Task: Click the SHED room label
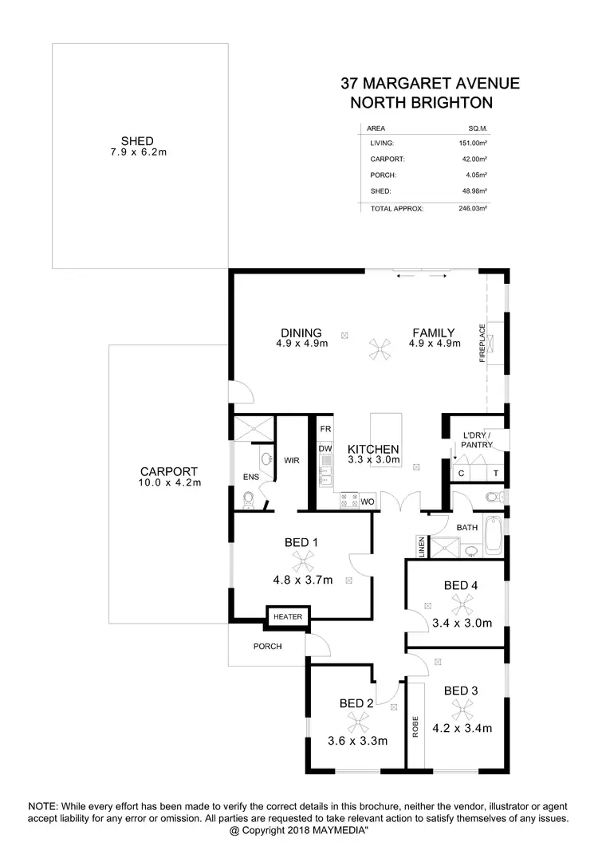pyautogui.click(x=137, y=141)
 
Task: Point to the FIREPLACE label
pyautogui.click(x=482, y=344)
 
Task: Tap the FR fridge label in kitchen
pyautogui.click(x=325, y=429)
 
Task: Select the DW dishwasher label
pyautogui.click(x=325, y=448)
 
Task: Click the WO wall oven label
pyautogui.click(x=368, y=502)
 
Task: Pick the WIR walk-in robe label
pyautogui.click(x=291, y=460)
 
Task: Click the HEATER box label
pyautogui.click(x=287, y=616)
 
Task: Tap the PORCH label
pyautogui.click(x=268, y=646)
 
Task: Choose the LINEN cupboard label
pyautogui.click(x=420, y=546)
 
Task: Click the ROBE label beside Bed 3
pyautogui.click(x=415, y=727)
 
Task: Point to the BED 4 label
pyautogui.click(x=461, y=586)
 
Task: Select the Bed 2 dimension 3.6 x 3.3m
pyautogui.click(x=358, y=741)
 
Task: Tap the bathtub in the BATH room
pyautogui.click(x=494, y=536)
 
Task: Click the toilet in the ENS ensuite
pyautogui.click(x=249, y=498)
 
